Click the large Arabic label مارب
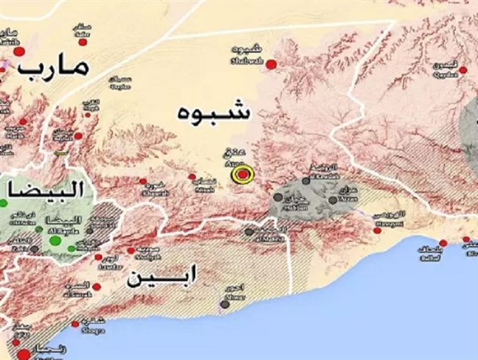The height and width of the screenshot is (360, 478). point(57,69)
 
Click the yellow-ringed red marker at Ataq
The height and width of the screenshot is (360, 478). point(244,174)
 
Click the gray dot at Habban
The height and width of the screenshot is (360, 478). point(278,197)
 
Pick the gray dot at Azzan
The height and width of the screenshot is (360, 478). point(333,200)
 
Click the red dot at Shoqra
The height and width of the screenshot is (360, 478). point(76,323)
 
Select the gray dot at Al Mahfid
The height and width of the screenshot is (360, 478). point(249,232)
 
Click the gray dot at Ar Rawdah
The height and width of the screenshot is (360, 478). point(303,181)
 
